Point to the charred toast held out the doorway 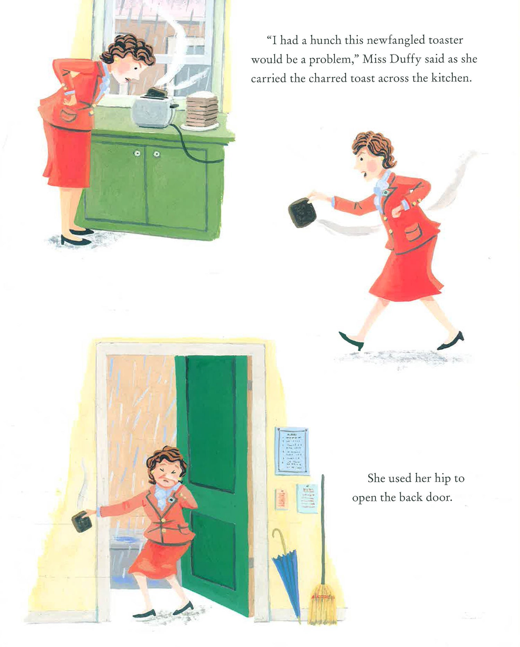click(82, 521)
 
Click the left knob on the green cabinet click(137, 153)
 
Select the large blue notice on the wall click(292, 451)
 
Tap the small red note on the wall click(281, 499)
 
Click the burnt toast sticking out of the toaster click(157, 92)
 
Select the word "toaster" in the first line click(446, 41)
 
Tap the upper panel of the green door click(211, 423)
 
